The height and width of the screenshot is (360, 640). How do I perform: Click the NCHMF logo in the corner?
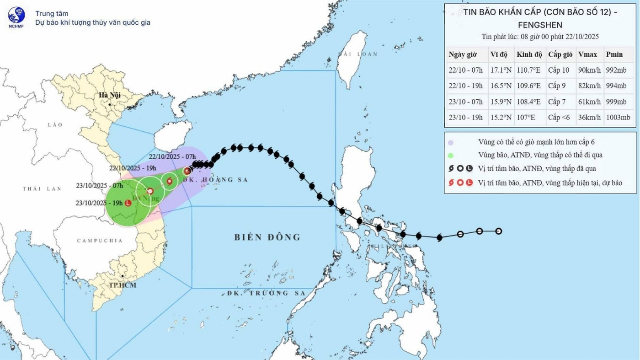tap(17, 17)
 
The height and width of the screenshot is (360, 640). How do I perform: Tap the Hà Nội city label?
tap(110, 96)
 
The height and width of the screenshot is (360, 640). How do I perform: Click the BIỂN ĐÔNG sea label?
tap(267, 237)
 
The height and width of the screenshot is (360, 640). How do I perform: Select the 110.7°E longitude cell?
tap(528, 70)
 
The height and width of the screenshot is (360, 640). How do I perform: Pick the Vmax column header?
tap(587, 54)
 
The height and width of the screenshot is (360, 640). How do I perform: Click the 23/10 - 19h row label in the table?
tap(465, 117)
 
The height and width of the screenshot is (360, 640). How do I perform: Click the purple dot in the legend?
tap(451, 142)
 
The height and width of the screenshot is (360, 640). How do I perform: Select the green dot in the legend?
tap(451, 156)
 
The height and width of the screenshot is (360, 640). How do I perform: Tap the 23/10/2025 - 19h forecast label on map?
tap(98, 204)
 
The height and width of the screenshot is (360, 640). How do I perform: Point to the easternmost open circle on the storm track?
tap(499, 231)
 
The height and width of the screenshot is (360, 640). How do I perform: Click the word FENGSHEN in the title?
tap(540, 25)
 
